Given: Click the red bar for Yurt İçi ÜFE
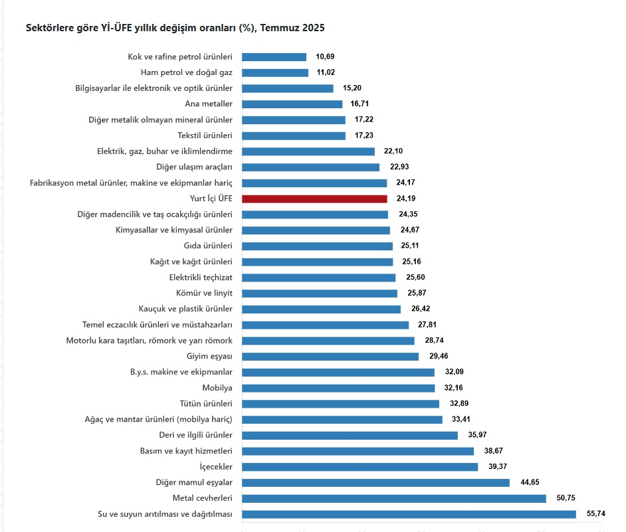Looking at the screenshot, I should [x=314, y=199].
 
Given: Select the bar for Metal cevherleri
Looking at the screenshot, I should [x=393, y=498].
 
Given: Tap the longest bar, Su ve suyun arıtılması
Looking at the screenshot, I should [x=409, y=514].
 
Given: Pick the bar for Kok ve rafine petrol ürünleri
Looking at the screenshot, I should [x=274, y=57].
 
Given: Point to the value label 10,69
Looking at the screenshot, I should [x=326, y=57].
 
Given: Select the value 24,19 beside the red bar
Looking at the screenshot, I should [x=406, y=199].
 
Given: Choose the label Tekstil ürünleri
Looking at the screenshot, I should [x=205, y=135].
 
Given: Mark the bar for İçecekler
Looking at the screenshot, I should [x=360, y=467].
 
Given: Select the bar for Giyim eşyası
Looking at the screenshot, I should [x=330, y=356].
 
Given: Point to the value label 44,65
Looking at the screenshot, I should [x=528, y=483].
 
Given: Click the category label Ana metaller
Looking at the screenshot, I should [x=209, y=104].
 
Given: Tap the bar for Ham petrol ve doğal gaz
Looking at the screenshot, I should [x=275, y=72].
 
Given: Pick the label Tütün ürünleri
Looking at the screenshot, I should [x=206, y=404].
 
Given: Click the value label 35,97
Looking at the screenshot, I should [x=476, y=435].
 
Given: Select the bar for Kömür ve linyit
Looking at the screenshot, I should [x=320, y=293].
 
